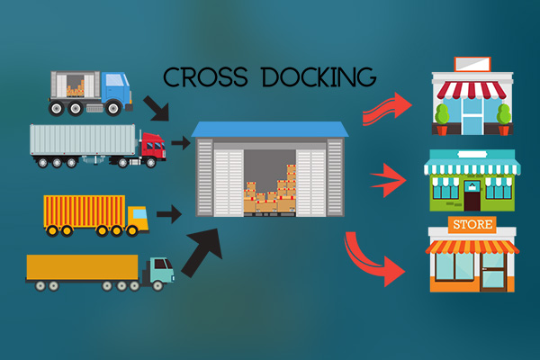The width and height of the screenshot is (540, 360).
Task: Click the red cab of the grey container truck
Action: (x=152, y=145)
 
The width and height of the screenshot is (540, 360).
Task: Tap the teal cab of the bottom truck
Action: (x=159, y=270)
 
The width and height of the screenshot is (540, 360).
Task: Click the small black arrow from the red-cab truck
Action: (x=181, y=141)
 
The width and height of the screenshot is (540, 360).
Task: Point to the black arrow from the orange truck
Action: (x=166, y=214)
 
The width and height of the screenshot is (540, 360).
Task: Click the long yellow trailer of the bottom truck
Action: (x=82, y=267)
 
